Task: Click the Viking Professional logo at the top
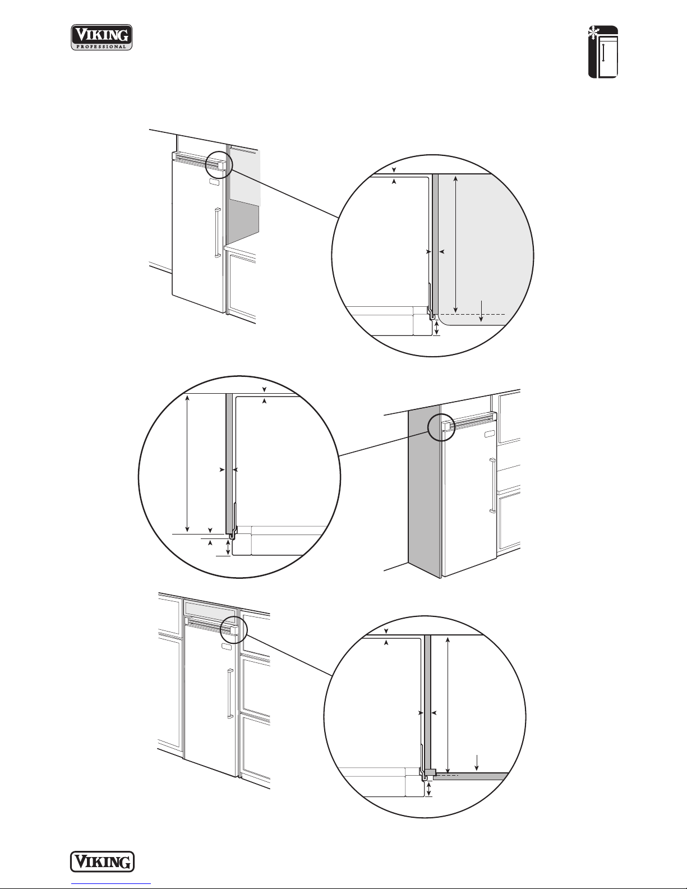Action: (102, 37)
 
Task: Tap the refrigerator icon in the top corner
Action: (603, 52)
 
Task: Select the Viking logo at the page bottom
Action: (102, 862)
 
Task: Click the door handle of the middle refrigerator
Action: (492, 486)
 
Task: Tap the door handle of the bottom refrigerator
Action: (230, 693)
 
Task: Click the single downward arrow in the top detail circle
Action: (482, 311)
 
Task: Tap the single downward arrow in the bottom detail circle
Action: (476, 761)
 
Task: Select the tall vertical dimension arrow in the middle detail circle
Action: (188, 463)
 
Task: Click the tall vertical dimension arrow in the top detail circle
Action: (455, 243)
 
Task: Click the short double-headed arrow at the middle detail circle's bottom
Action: (228, 547)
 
